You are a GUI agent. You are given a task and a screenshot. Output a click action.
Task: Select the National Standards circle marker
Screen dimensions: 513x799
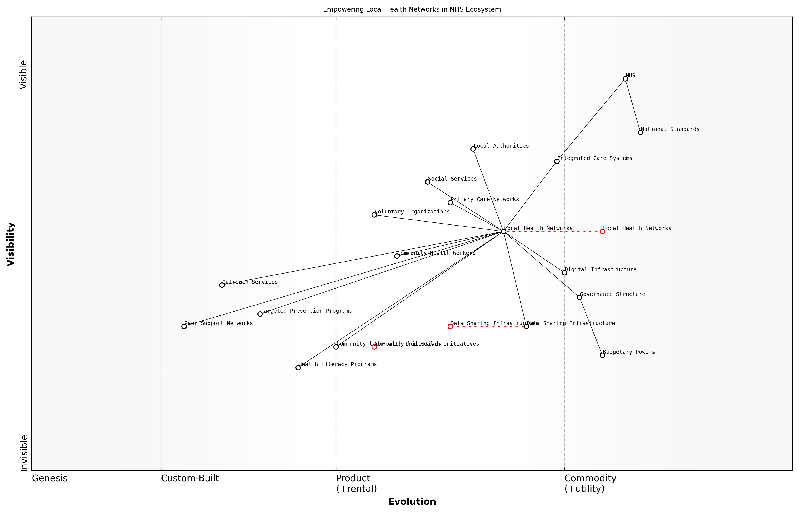(x=640, y=132)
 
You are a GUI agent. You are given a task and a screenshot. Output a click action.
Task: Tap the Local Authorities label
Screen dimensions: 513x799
(x=501, y=146)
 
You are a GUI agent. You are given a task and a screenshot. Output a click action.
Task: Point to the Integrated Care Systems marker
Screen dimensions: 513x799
(x=557, y=161)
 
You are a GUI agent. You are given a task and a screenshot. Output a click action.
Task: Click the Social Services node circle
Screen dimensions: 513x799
(x=427, y=182)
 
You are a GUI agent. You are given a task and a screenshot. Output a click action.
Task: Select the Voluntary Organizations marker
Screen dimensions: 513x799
(x=374, y=215)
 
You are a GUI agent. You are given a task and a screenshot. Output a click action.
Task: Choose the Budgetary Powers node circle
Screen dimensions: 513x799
(x=602, y=355)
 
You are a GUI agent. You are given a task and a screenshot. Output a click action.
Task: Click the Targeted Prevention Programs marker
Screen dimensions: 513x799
(x=260, y=314)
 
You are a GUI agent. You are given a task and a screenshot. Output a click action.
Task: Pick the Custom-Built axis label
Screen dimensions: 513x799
(x=190, y=478)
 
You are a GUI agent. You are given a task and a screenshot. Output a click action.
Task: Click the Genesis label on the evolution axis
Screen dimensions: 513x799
(x=50, y=478)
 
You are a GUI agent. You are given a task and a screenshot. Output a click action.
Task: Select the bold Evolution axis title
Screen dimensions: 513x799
(x=412, y=502)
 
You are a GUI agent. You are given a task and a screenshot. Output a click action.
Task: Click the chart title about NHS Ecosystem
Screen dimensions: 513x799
(x=412, y=9)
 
